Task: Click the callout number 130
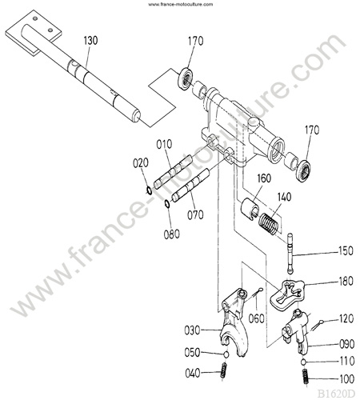click(91, 41)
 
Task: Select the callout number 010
click(164, 144)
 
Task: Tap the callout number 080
click(172, 234)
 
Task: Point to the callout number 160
click(264, 178)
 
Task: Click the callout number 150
click(346, 251)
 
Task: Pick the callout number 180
click(346, 281)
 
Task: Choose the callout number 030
click(192, 330)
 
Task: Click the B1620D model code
click(336, 394)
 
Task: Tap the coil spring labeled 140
click(269, 223)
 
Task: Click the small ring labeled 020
click(149, 190)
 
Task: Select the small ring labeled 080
click(167, 204)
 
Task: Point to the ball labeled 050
click(226, 354)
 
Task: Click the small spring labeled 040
click(223, 370)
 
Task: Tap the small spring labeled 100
click(306, 377)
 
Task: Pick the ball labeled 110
click(303, 362)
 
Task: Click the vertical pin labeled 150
click(290, 253)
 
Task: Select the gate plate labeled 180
click(287, 295)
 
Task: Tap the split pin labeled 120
click(318, 326)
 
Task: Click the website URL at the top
click(181, 4)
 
